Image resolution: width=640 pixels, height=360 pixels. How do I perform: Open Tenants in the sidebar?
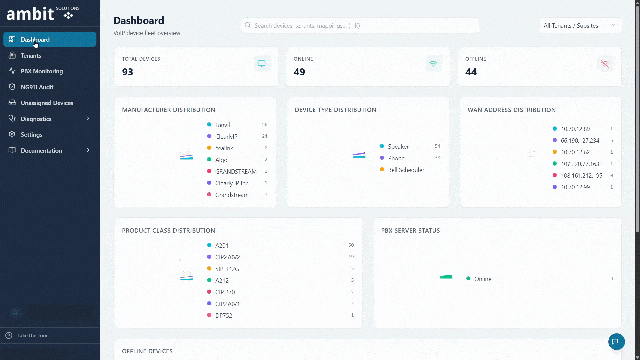click(x=31, y=56)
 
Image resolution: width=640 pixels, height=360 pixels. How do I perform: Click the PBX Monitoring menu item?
click(x=41, y=71)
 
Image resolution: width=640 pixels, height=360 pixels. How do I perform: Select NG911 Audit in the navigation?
click(x=37, y=87)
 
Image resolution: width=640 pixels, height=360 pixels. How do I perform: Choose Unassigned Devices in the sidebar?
click(x=47, y=103)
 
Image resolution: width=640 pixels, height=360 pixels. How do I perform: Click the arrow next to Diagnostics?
click(x=88, y=119)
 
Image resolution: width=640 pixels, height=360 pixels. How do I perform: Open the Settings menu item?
click(x=31, y=135)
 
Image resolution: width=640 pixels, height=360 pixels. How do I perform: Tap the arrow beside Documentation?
click(x=88, y=150)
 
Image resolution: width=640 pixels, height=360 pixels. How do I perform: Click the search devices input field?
click(x=360, y=26)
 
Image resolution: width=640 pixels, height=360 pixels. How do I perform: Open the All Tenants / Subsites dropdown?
click(x=580, y=26)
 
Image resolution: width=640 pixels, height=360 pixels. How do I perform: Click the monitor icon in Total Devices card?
click(x=262, y=64)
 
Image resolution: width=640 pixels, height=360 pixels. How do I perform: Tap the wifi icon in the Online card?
click(x=433, y=64)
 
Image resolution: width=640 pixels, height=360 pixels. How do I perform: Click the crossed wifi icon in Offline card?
click(x=605, y=64)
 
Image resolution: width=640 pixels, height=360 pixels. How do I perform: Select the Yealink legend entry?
click(x=224, y=148)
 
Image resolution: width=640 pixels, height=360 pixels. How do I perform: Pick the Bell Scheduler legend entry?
click(x=406, y=170)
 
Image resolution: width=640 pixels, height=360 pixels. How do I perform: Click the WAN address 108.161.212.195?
click(x=581, y=176)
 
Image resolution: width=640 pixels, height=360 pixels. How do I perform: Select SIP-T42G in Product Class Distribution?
click(x=227, y=269)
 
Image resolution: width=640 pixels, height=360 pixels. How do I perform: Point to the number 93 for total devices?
click(x=128, y=72)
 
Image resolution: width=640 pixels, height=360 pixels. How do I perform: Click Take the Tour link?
click(x=32, y=336)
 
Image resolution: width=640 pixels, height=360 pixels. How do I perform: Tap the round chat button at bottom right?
click(x=616, y=342)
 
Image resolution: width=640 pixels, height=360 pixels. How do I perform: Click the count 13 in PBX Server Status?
click(x=610, y=279)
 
